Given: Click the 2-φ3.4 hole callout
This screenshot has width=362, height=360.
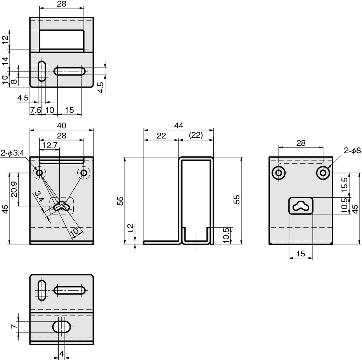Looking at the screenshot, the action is (x=12, y=153).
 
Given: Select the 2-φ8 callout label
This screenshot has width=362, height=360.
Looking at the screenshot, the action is (x=352, y=151).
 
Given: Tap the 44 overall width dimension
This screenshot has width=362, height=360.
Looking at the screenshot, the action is (x=178, y=126).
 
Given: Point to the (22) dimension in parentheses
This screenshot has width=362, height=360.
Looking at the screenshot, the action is (x=196, y=135).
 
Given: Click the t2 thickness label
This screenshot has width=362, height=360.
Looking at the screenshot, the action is (x=131, y=228).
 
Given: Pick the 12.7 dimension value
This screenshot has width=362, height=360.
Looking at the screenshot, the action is (x=50, y=145).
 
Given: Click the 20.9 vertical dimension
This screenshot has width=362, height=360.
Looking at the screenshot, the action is (x=14, y=189).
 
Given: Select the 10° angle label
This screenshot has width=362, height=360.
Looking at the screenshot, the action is (x=75, y=231).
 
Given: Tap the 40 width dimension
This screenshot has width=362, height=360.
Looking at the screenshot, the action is (x=61, y=126).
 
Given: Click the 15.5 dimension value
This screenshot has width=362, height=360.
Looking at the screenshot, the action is (x=344, y=185).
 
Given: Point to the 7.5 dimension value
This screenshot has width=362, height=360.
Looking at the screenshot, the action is (x=36, y=110).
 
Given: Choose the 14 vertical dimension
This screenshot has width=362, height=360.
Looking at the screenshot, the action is (x=5, y=61).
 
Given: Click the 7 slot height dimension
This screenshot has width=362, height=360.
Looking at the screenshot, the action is (x=14, y=326).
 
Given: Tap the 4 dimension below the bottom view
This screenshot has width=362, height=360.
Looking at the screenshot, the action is (x=61, y=353).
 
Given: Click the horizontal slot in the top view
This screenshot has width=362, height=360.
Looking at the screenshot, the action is (x=69, y=71).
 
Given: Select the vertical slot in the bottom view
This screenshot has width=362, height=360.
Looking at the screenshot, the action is (x=42, y=290).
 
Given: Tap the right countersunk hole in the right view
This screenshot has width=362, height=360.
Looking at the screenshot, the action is (x=323, y=173).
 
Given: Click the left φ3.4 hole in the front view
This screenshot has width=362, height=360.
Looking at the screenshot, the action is (x=39, y=173).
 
